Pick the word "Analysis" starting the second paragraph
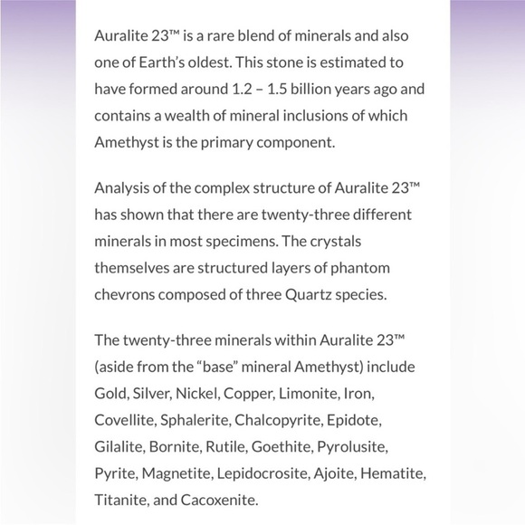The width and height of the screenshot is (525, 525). pyautogui.click(x=121, y=189)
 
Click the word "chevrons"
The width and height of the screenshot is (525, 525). pyautogui.click(x=126, y=294)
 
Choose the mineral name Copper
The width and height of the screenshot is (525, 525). pyautogui.click(x=253, y=395)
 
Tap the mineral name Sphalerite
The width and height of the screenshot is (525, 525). pyautogui.click(x=196, y=421)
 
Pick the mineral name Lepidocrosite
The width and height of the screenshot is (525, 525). pyautogui.click(x=289, y=473)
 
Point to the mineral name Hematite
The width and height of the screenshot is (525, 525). pyautogui.click(x=394, y=473)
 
